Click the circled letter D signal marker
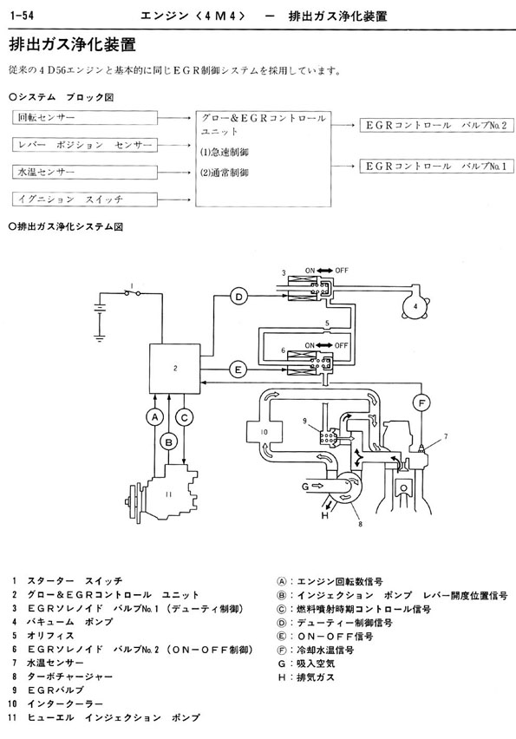coord(239,297)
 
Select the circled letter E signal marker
coord(238,369)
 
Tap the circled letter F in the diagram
coord(421,403)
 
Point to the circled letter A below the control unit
coord(154,417)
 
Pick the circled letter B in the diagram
coord(169,441)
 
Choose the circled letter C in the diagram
coord(184,417)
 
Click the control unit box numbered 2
coord(175,369)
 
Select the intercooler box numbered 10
coord(265,432)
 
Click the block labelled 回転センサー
coord(84,118)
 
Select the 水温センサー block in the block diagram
coord(84,172)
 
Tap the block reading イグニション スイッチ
coord(84,199)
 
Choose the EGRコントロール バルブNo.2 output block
coord(436,126)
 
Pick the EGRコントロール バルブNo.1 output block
coord(436,166)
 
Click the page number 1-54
coord(21,16)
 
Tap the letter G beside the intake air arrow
coord(305,485)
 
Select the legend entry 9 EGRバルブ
coord(48,690)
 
